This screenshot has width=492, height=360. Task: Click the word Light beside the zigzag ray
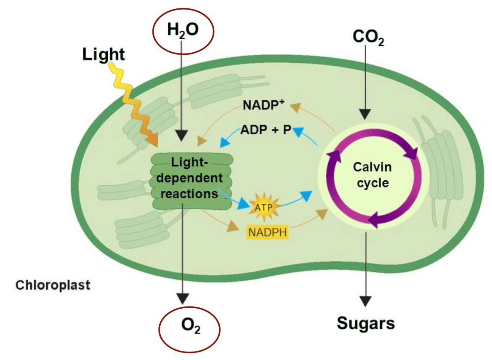[104, 54]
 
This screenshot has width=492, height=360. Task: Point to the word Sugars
[366, 323]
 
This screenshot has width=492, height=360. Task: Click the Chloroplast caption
[53, 285]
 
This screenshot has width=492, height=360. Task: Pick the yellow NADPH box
[267, 231]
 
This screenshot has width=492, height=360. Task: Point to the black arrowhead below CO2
[365, 114]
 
